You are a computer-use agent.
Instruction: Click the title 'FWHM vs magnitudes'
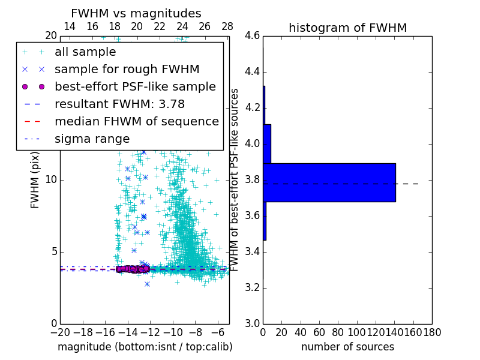click(136, 13)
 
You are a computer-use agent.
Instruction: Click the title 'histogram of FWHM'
click(347, 28)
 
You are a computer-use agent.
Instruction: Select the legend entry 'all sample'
click(85, 52)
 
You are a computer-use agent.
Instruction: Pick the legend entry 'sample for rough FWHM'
click(127, 70)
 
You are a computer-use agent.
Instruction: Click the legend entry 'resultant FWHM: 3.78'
click(119, 104)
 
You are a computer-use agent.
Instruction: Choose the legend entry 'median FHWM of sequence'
click(136, 122)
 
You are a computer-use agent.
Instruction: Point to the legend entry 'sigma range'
click(92, 139)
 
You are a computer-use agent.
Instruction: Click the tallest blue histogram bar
click(329, 182)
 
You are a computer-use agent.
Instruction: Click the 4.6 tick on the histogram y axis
click(253, 36)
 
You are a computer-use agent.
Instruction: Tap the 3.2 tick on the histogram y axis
click(253, 287)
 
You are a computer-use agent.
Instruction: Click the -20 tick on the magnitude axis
click(60, 332)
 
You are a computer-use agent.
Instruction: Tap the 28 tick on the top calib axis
click(227, 26)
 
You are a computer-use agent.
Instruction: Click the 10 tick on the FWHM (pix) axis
click(51, 179)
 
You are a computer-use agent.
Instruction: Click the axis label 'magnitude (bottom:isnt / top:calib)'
click(145, 347)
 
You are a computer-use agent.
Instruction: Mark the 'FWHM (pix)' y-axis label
click(36, 179)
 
